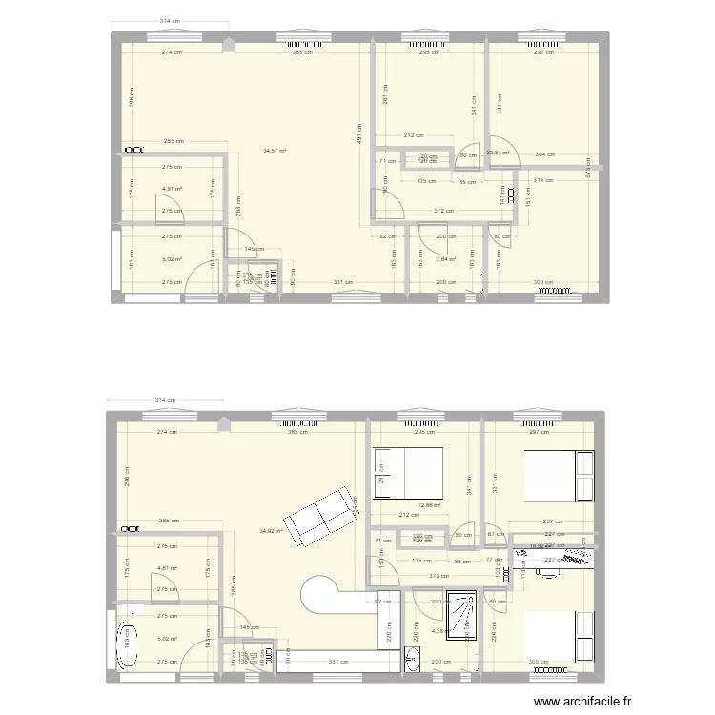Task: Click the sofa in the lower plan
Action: (325, 517)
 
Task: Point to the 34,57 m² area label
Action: (276, 151)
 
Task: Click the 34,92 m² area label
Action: (272, 531)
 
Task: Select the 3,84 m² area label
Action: (445, 259)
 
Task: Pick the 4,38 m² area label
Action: (440, 630)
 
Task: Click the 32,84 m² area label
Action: (498, 152)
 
